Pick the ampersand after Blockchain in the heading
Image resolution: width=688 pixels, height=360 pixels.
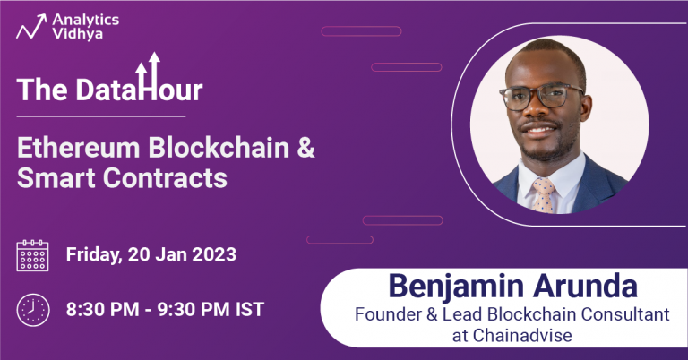coord(305,147)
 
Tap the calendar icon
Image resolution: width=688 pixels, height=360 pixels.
coord(33,255)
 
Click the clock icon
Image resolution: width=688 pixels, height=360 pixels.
coord(33,310)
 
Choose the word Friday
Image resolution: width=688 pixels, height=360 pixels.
coord(95,254)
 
